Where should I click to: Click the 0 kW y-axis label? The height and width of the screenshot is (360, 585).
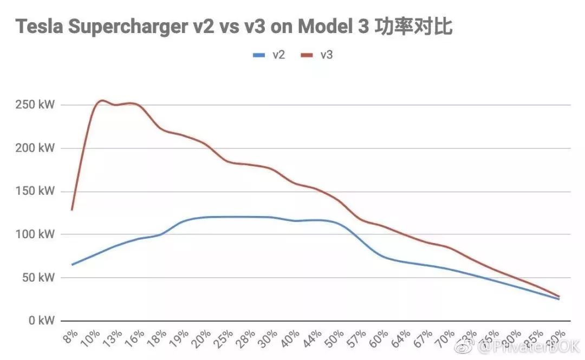(x=38, y=321)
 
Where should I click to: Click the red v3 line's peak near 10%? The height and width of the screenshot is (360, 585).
(x=101, y=100)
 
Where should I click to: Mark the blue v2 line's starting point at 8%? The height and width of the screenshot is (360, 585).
(x=72, y=265)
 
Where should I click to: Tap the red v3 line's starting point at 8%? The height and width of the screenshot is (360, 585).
(x=71, y=210)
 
